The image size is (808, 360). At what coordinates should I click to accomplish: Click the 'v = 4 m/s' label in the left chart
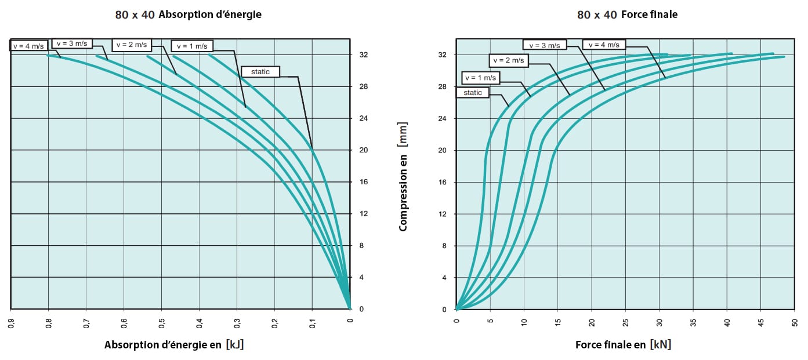click(x=28, y=46)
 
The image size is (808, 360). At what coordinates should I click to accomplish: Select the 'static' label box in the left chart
click(x=260, y=72)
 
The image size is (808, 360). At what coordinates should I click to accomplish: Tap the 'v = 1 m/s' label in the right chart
click(x=480, y=78)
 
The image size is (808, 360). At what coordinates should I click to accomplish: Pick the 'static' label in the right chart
click(x=473, y=93)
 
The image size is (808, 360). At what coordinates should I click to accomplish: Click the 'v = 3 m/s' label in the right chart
click(x=545, y=45)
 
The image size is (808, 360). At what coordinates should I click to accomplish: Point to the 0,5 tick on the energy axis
click(x=162, y=323)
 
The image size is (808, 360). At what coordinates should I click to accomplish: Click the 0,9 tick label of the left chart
click(x=11, y=323)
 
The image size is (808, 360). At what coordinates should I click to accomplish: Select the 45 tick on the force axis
click(x=761, y=323)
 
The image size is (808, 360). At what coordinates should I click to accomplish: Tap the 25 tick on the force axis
click(x=625, y=323)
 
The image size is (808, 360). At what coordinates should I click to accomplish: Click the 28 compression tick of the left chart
click(x=363, y=86)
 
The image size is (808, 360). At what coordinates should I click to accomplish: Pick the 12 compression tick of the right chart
click(x=442, y=214)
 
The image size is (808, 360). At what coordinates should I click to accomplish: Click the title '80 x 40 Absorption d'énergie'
click(x=189, y=14)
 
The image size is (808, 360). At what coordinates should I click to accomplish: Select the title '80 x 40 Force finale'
click(x=627, y=14)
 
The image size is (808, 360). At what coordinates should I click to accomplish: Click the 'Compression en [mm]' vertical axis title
click(x=403, y=177)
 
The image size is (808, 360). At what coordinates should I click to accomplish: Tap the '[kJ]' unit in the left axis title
click(x=235, y=344)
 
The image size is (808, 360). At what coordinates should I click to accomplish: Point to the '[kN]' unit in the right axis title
click(x=661, y=344)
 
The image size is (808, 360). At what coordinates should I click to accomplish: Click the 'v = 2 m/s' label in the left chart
click(x=132, y=45)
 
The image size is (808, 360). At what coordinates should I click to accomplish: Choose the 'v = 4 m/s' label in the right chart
click(x=604, y=45)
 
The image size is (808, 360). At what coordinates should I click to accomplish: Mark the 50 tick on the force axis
click(x=795, y=323)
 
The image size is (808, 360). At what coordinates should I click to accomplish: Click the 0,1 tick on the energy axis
click(x=313, y=323)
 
